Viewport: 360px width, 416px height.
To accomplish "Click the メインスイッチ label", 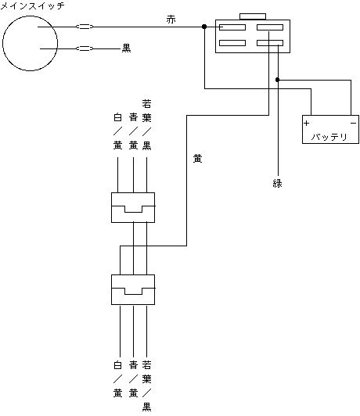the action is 32,5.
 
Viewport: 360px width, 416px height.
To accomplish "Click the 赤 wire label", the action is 171,20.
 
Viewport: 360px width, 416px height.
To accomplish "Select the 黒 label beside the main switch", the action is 126,48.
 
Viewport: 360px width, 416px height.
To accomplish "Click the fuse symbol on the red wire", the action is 85,27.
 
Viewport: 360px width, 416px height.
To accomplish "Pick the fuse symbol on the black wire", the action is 85,48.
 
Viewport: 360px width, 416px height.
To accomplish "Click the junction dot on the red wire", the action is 204,27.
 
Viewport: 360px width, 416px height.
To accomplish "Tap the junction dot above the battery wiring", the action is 277,80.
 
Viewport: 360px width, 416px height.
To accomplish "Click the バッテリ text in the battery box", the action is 329,137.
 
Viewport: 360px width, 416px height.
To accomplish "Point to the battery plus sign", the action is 307,123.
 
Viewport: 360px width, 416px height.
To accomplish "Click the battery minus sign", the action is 354,123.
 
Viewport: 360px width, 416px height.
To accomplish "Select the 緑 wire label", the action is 277,183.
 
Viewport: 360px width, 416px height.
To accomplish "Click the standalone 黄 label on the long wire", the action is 197,159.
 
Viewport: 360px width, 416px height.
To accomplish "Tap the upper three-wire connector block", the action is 133,207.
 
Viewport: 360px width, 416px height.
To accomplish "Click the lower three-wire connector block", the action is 133,289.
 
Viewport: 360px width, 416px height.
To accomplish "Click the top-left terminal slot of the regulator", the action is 232,27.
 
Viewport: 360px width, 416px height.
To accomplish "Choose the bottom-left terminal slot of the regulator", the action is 232,43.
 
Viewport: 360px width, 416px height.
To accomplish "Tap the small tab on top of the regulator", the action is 253,16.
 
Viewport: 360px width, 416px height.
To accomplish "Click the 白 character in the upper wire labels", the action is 117,117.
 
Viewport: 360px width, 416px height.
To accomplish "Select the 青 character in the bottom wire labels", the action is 133,365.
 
